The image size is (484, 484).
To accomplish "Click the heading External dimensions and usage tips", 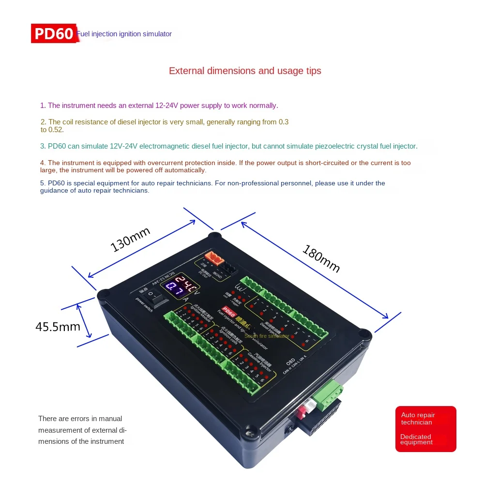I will pos(245,71).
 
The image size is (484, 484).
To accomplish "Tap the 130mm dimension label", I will pos(131,239).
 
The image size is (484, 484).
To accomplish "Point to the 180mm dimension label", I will pos(321,258).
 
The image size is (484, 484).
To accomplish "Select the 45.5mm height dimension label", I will pos(58,327).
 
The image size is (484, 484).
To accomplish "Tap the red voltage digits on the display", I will pos(185,280).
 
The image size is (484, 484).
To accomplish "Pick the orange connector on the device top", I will pos(214,258).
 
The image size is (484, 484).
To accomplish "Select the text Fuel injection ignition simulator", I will pos(124,34).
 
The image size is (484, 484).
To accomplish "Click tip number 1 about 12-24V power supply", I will pos(159,105).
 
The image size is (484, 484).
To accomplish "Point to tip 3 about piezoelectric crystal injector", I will pos(229,146).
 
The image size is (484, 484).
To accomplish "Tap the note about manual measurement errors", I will pos(82,430).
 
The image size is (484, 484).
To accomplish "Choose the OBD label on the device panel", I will pos(290,361).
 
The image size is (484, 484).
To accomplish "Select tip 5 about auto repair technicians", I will pos(212,186).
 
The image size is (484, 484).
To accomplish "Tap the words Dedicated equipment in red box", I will pos(416,439).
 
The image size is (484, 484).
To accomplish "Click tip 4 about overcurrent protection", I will pos(226,166).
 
